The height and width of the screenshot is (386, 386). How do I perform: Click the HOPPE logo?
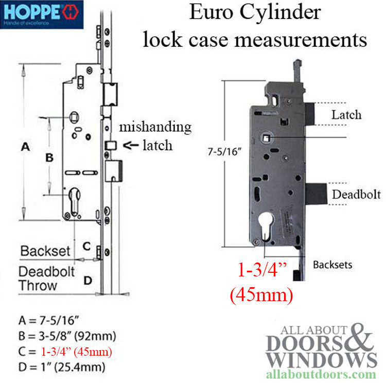coord(42,14)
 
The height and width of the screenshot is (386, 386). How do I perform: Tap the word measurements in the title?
coord(301,40)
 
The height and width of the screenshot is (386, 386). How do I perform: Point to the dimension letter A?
coord(26,147)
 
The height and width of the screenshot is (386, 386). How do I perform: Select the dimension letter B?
coord(49,157)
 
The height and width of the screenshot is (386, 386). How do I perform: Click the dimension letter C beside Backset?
coord(86,246)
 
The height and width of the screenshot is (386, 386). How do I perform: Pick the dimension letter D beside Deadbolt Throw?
coord(88,280)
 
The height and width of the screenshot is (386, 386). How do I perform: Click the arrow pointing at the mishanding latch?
coord(131,145)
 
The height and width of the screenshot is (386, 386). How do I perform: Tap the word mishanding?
coord(155,127)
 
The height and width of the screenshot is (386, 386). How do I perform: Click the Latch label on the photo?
coord(346,115)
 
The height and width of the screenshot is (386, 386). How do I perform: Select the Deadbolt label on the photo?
coord(356,194)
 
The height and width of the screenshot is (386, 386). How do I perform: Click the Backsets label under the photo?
coord(332,265)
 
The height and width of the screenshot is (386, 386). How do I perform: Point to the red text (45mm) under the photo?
coord(261,295)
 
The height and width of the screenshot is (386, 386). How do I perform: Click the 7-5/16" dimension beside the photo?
coord(224,152)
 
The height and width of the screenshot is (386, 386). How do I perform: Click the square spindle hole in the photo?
coord(267,138)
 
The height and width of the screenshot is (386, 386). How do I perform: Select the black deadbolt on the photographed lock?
coord(317,194)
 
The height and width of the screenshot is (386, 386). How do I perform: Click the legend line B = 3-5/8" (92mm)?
coord(67,336)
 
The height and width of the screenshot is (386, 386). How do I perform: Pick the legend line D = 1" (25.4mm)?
coord(62,367)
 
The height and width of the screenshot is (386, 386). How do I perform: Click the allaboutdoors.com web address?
coord(321,375)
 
